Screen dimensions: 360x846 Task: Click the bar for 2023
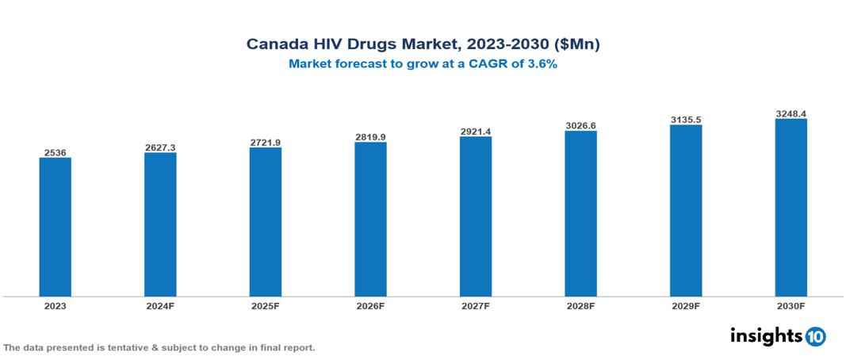tap(56, 227)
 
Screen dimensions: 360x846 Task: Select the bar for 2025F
tap(266, 222)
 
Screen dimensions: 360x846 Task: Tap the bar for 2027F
tap(476, 216)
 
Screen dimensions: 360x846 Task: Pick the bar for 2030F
tap(790, 208)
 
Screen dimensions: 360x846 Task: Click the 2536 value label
tap(56, 151)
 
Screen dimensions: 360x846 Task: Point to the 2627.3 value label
tap(160, 147)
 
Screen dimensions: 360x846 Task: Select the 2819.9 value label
tap(370, 136)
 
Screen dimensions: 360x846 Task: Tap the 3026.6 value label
tap(580, 125)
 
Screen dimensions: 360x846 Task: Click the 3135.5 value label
tap(686, 119)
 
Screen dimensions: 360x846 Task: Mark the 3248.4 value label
tap(790, 113)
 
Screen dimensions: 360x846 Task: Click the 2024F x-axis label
tap(160, 305)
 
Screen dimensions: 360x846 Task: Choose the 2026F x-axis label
tap(370, 305)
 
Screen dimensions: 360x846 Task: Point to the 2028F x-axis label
tap(580, 305)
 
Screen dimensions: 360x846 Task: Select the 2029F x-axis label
tap(686, 305)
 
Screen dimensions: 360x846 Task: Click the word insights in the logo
tap(766, 336)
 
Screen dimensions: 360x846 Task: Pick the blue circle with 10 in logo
tap(815, 337)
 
